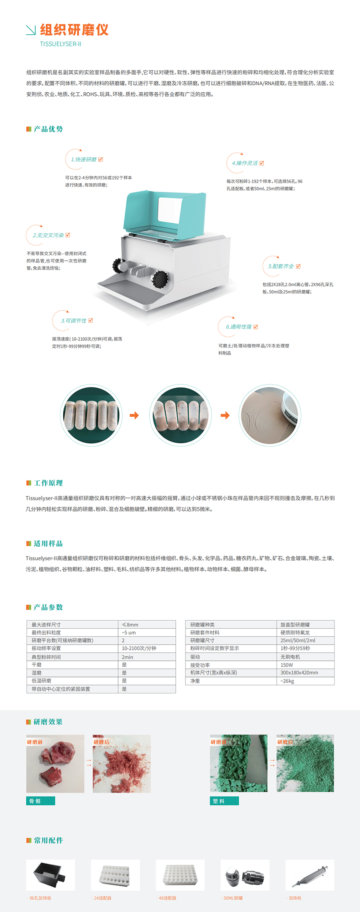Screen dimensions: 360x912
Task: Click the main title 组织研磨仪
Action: (x=74, y=30)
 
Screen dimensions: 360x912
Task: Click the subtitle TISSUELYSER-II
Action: (x=61, y=44)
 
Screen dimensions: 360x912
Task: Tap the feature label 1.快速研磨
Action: (x=83, y=160)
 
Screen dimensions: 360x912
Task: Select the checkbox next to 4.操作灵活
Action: (x=262, y=163)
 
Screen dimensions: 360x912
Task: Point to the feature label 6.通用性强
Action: (x=238, y=327)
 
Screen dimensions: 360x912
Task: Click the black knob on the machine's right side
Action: (x=160, y=279)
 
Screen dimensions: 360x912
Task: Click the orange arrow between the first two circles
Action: (x=134, y=415)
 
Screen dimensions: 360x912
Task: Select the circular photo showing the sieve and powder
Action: (x=270, y=415)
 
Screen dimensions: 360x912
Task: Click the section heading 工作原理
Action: (x=48, y=483)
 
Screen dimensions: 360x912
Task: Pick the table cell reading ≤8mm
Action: (x=130, y=625)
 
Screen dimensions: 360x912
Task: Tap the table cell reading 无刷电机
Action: (x=290, y=657)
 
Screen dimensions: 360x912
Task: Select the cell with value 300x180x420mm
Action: (x=299, y=672)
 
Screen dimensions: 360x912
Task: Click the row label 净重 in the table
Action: (x=195, y=681)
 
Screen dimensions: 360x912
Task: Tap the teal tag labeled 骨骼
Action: (x=41, y=801)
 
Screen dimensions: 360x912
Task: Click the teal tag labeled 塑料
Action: (x=224, y=801)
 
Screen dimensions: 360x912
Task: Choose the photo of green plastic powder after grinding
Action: (x=305, y=763)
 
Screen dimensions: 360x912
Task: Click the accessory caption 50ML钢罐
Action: (x=233, y=898)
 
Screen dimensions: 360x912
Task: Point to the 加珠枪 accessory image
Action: (x=310, y=875)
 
